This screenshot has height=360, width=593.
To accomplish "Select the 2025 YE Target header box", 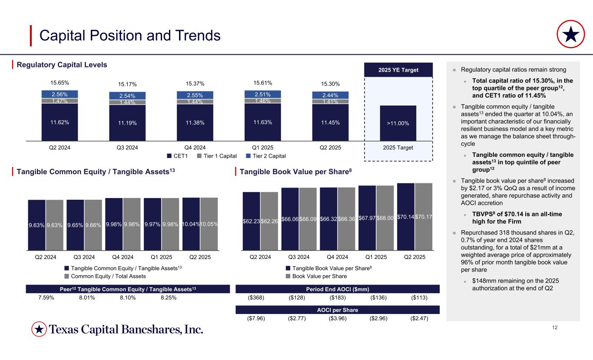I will tap(398, 69).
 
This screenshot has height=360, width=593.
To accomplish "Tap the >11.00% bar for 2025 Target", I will tap(398, 123).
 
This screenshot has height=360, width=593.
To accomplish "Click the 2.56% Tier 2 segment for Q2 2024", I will tap(60, 94).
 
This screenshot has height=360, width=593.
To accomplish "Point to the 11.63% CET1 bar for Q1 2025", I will tap(263, 122).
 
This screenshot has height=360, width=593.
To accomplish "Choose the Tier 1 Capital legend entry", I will tap(222, 155).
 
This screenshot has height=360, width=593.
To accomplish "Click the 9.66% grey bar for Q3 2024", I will tap(93, 225).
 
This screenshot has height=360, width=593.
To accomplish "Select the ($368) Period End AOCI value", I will tap(256, 298).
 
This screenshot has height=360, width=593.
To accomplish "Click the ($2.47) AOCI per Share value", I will tap(419, 318).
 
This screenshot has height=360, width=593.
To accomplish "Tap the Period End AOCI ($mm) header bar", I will tap(338, 289).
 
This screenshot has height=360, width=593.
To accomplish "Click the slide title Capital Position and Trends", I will tap(130, 36).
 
